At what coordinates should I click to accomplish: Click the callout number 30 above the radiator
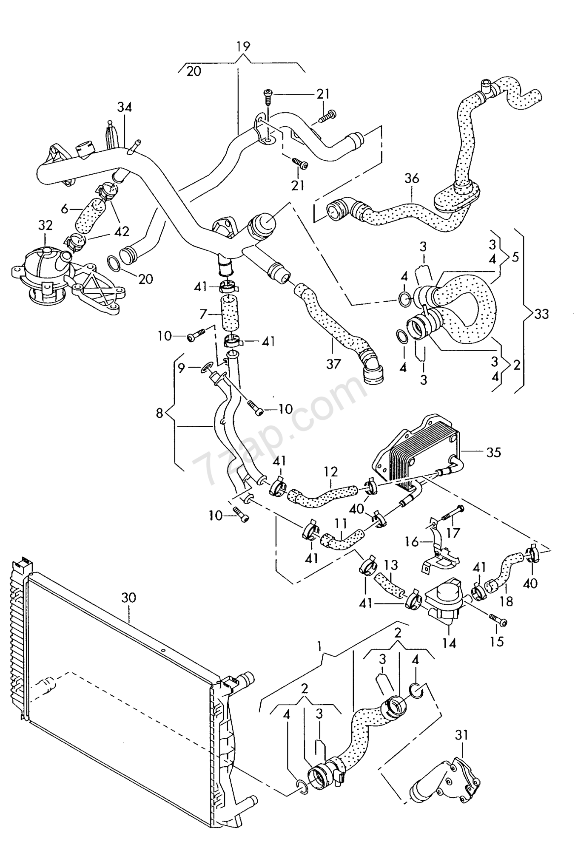click(128, 598)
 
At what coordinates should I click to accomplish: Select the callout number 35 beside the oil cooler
click(494, 452)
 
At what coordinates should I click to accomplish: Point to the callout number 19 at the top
click(243, 46)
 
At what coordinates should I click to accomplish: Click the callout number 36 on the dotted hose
click(412, 178)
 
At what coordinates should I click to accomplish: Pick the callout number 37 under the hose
click(334, 364)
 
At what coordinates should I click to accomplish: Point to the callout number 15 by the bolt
click(497, 641)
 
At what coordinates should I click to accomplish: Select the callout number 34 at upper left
click(125, 107)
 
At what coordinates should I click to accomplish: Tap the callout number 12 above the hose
click(330, 472)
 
